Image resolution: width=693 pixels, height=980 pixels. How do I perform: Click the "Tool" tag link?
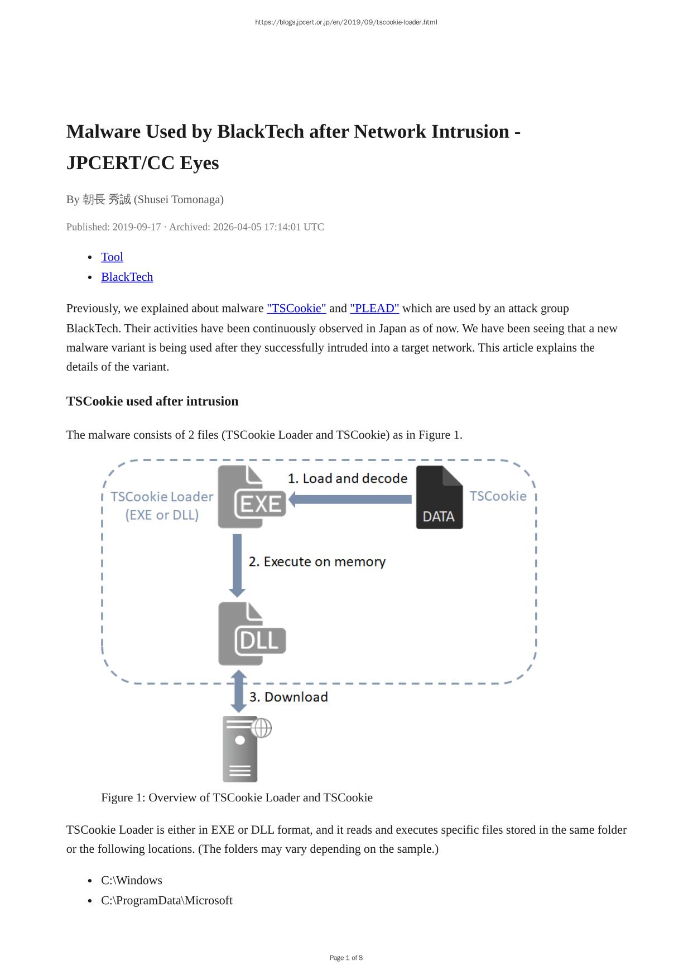pyautogui.click(x=112, y=257)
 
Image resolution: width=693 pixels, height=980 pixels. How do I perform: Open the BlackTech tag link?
pyautogui.click(x=127, y=277)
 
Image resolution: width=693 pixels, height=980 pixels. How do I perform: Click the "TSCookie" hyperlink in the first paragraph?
pyautogui.click(x=296, y=308)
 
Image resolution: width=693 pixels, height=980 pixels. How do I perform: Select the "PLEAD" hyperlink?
pyautogui.click(x=374, y=308)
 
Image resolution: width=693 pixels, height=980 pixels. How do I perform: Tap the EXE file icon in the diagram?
pyautogui.click(x=251, y=497)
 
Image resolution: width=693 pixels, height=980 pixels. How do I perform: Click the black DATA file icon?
pyautogui.click(x=439, y=497)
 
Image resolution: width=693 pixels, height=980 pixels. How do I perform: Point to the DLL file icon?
pyautogui.click(x=252, y=634)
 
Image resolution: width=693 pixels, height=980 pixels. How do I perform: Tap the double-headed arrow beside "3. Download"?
pyautogui.click(x=239, y=691)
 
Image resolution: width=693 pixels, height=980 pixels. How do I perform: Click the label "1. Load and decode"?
pyautogui.click(x=348, y=478)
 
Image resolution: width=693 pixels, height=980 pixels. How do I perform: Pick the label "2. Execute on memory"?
pyautogui.click(x=317, y=561)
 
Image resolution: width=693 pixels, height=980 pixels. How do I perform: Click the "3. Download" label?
pyautogui.click(x=288, y=697)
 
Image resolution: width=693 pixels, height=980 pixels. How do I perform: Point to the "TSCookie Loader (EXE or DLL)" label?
pyautogui.click(x=162, y=506)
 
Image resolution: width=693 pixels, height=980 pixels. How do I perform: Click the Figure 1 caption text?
pyautogui.click(x=237, y=798)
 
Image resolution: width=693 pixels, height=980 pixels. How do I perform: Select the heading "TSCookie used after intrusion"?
pyautogui.click(x=152, y=401)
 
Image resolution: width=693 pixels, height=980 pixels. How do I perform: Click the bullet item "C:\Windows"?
pyautogui.click(x=132, y=880)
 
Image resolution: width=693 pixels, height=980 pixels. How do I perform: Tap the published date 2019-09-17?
pyautogui.click(x=136, y=227)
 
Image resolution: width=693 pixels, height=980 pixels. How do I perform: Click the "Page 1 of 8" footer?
pyautogui.click(x=346, y=958)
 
